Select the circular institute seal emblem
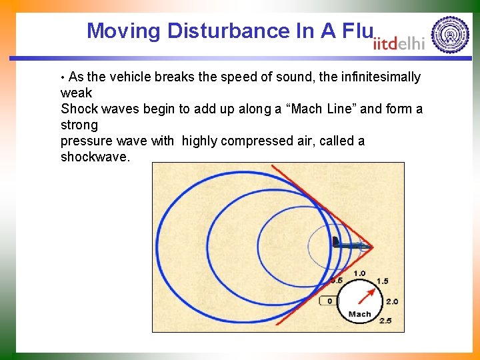point(450,35)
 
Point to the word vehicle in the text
point(131,77)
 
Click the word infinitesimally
point(381,77)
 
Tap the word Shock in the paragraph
point(77,109)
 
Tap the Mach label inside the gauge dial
point(359,314)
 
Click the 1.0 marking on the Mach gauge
point(359,273)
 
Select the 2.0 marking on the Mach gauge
point(391,301)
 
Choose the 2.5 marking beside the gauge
point(385,320)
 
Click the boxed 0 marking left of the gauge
point(329,301)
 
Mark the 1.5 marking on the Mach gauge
point(382,281)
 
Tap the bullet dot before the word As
point(63,77)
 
